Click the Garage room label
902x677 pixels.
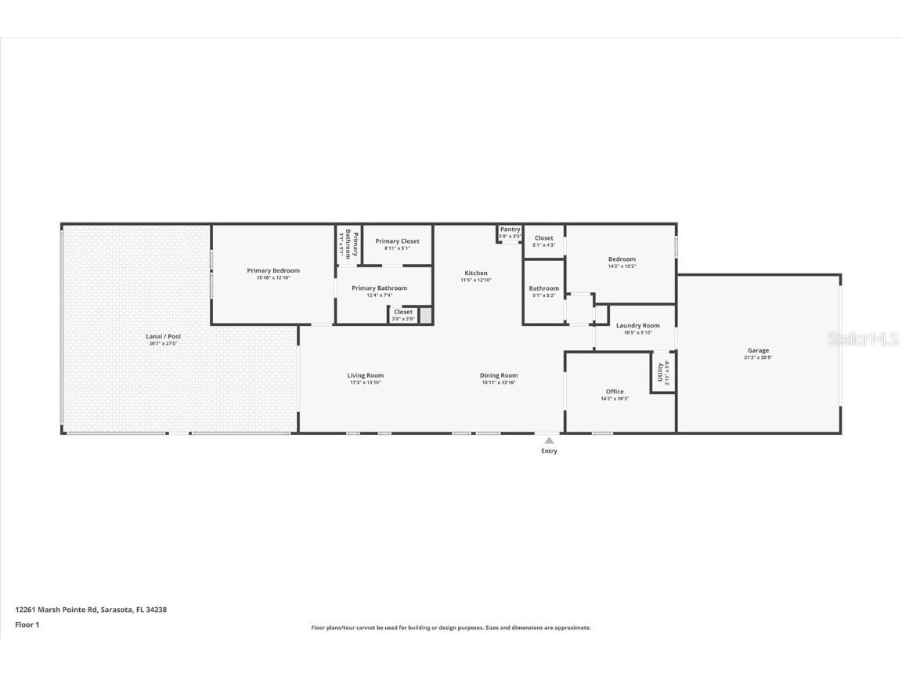pyautogui.click(x=757, y=350)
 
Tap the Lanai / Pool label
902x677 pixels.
pyautogui.click(x=163, y=336)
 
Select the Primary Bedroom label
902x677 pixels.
pyautogui.click(x=273, y=270)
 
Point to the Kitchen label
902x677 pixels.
pyautogui.click(x=475, y=273)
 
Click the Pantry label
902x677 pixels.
pyautogui.click(x=510, y=230)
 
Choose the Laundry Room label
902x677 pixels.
pyautogui.click(x=637, y=325)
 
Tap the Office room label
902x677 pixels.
pyautogui.click(x=615, y=392)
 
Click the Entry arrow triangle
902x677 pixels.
pyautogui.click(x=549, y=440)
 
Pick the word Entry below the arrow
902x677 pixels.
pyautogui.click(x=549, y=451)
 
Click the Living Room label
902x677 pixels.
pyautogui.click(x=366, y=375)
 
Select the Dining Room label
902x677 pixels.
pyautogui.click(x=499, y=375)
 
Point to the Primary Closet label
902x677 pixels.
pyautogui.click(x=397, y=241)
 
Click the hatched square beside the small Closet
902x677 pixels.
pyautogui.click(x=425, y=315)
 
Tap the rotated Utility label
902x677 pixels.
pyautogui.click(x=660, y=372)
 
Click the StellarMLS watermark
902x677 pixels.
pyautogui.click(x=862, y=339)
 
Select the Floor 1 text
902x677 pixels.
pyautogui.click(x=27, y=625)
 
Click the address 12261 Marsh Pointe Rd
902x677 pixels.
pyautogui.click(x=91, y=609)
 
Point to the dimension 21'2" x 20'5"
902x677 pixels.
pyautogui.click(x=757, y=357)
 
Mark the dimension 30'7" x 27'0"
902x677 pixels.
pyautogui.click(x=163, y=343)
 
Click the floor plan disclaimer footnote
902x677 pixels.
pyautogui.click(x=451, y=628)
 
